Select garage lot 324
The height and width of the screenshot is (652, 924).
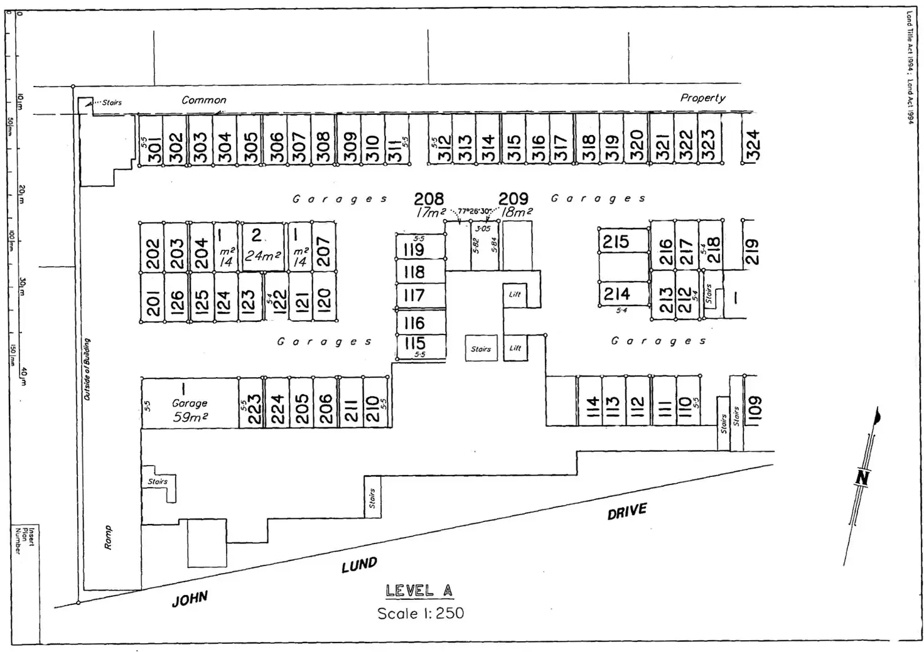point(753,145)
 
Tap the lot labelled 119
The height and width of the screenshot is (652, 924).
point(414,250)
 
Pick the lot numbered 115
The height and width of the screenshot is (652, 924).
point(415,343)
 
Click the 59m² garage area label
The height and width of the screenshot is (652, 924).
point(190,417)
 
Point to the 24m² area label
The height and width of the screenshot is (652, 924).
point(263,256)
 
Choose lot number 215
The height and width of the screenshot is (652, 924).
point(616,242)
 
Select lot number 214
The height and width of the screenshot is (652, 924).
point(616,293)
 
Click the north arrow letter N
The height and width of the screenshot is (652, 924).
point(862,478)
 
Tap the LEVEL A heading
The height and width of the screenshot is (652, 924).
point(419,591)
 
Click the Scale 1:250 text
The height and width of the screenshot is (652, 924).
point(421,613)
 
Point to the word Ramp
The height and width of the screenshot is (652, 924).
point(107,538)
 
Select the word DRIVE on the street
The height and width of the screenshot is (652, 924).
point(626,511)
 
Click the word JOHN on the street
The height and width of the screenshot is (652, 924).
point(190,599)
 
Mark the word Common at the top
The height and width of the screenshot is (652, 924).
point(204,100)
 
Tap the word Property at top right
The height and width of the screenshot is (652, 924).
point(702,98)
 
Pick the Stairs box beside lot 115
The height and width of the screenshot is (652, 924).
point(481,349)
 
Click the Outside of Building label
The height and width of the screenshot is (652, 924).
point(87,370)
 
